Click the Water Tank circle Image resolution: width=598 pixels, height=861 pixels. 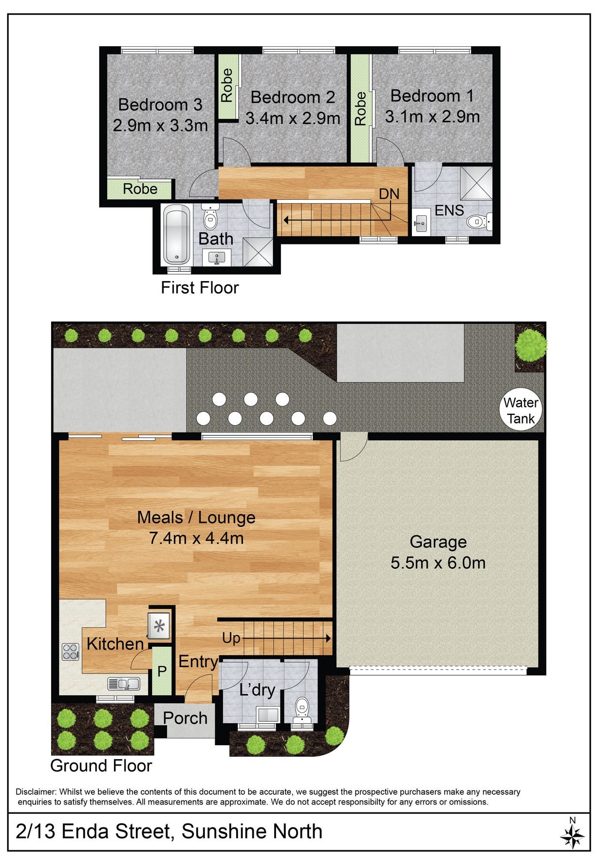521,410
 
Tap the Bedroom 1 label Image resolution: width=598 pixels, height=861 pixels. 432,96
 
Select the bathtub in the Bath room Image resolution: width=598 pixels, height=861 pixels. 176,235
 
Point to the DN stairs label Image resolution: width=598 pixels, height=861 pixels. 389,194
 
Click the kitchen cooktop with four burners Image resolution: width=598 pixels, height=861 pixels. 71,652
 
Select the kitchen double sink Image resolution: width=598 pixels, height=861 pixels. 124,684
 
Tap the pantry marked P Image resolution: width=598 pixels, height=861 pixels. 162,671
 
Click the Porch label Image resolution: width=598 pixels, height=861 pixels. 185,718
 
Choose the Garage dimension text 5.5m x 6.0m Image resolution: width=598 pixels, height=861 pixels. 438,563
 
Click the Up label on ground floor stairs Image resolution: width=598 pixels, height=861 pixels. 231,638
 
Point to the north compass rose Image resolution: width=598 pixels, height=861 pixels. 572,836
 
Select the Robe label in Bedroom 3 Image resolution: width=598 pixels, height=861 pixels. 140,189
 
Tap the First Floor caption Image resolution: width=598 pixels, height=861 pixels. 200,288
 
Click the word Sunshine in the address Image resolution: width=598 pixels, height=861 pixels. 223,831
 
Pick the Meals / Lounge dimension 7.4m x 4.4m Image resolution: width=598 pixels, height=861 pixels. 196,538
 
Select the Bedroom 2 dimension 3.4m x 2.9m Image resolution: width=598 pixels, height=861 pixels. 293,118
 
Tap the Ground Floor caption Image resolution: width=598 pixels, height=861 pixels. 101,766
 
